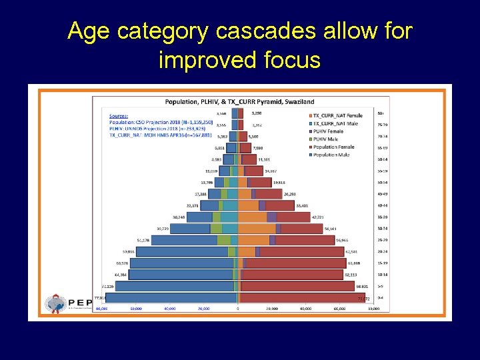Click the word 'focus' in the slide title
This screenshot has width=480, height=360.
[289, 60]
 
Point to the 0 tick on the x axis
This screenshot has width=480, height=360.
[238, 309]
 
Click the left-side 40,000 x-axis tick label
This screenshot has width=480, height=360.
[169, 309]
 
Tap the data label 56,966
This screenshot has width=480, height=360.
[342, 240]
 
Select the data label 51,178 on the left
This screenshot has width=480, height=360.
[142, 240]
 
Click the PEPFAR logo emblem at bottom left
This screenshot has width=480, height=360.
[55, 304]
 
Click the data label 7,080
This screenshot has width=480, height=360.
[260, 148]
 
